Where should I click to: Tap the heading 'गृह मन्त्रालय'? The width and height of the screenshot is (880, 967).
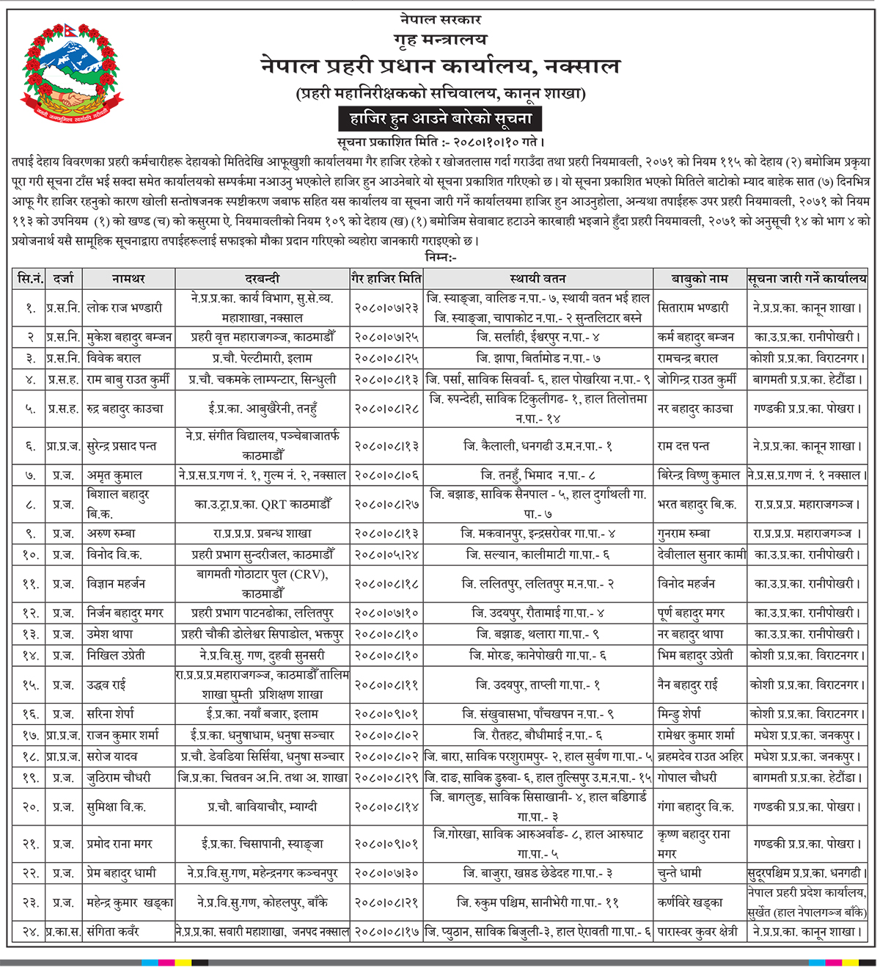point(440,40)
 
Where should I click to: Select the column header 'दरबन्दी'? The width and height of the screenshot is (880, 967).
point(262,279)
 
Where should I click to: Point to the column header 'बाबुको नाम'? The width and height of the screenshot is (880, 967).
point(700,279)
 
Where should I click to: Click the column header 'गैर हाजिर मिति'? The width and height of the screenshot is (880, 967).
point(386,279)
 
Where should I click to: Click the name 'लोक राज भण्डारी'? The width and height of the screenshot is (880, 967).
point(125,308)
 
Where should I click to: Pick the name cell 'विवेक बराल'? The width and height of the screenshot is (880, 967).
point(114,358)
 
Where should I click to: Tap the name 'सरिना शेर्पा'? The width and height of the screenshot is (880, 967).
point(111,713)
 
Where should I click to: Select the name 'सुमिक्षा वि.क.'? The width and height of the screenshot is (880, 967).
point(117,807)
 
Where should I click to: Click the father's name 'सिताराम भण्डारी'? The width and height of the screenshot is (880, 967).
point(693,308)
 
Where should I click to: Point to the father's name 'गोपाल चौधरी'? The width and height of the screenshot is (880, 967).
point(687,778)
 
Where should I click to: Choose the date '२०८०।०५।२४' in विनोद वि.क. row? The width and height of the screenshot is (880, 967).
point(386,555)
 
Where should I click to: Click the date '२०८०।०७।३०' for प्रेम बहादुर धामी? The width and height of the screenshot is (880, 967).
point(386,873)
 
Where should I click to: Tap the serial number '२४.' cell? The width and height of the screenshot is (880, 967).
point(29,932)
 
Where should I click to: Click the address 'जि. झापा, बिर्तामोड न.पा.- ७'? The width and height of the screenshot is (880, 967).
point(538,358)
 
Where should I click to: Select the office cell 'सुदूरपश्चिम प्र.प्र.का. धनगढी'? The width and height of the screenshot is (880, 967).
point(807,873)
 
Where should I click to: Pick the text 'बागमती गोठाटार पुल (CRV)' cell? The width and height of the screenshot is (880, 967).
point(262,574)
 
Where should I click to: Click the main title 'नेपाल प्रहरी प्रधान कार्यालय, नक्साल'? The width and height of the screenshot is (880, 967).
point(440,67)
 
